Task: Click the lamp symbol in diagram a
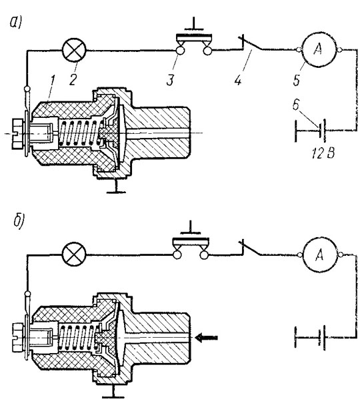click(x=75, y=50)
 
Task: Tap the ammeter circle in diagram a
click(x=319, y=50)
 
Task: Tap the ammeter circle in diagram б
click(x=320, y=255)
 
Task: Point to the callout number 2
click(x=73, y=79)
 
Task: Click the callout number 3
click(x=170, y=79)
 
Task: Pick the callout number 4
click(x=238, y=79)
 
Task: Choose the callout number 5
click(x=297, y=79)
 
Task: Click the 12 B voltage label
click(x=323, y=153)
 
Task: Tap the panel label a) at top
click(x=16, y=23)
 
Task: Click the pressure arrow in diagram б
click(x=206, y=337)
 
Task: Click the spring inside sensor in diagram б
click(x=77, y=338)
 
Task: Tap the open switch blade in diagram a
click(x=252, y=44)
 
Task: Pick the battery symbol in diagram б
click(x=309, y=338)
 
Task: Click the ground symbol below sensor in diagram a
click(x=116, y=187)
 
